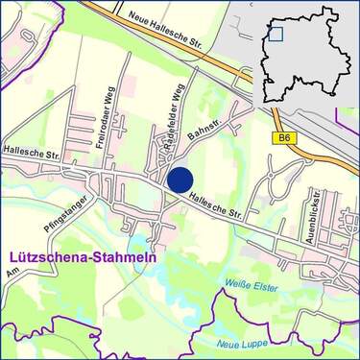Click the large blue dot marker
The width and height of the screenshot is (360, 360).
point(180,179)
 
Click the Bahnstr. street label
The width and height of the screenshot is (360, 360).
point(205,128)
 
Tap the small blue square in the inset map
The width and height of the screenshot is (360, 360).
point(276,35)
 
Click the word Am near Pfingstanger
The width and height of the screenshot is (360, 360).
point(12,276)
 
